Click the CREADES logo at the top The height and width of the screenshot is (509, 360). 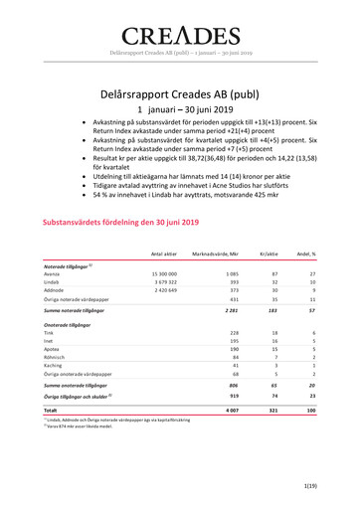coord(180,31)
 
